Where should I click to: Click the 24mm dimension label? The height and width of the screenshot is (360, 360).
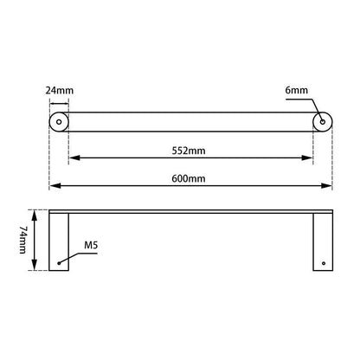[59, 88]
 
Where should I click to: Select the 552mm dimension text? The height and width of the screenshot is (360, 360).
[191, 151]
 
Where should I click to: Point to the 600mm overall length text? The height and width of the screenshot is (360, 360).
[191, 178]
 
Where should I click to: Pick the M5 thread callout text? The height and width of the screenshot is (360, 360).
[89, 246]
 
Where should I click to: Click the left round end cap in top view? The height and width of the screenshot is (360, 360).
[59, 123]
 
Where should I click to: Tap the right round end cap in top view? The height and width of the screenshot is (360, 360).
[322, 123]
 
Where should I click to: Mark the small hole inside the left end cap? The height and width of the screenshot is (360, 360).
[59, 123]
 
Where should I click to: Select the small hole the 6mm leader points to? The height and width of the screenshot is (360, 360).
[322, 123]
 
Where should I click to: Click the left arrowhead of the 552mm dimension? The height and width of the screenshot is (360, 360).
[73, 158]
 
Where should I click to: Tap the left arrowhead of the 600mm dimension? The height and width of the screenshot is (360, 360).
[53, 186]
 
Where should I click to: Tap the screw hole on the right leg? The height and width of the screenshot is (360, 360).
[322, 262]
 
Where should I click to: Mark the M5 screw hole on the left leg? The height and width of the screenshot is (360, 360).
[59, 262]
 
